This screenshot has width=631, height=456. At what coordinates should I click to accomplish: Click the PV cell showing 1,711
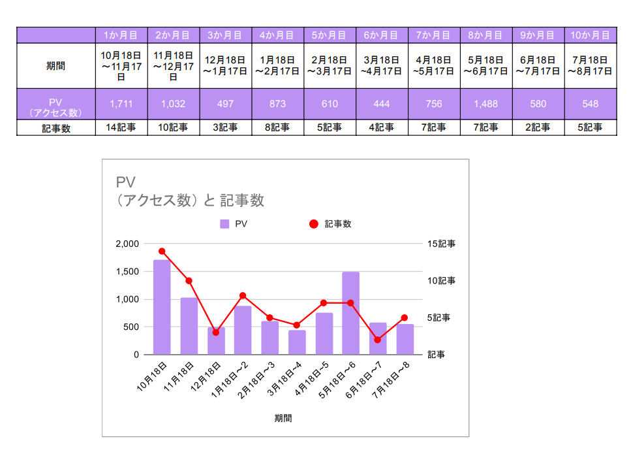coord(121,104)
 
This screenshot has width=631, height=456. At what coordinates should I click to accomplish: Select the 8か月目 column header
coord(486,35)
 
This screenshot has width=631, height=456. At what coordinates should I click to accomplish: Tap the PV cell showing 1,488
coord(486,104)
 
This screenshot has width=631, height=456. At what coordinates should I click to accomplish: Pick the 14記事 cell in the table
coord(121,128)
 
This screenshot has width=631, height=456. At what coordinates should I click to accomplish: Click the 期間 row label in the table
coord(55,66)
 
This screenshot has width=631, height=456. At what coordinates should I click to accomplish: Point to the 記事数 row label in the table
coord(55,128)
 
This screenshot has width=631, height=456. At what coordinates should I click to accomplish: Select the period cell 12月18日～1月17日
coord(225,66)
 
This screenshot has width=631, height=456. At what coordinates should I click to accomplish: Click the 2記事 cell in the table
coord(538,128)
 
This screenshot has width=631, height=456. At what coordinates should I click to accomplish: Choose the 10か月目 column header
coord(590,35)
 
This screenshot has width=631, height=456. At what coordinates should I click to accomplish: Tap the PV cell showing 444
coord(382,104)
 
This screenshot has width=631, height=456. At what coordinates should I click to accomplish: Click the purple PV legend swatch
coord(224,224)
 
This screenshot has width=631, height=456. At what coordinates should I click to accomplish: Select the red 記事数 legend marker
coord(313,224)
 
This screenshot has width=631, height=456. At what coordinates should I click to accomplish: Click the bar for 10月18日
coord(162,307)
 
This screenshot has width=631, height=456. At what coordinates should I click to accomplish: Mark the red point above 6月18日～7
coord(377,340)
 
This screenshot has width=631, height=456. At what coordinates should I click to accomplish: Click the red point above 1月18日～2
coord(243,295)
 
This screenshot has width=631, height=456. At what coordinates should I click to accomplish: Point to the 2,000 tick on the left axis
coord(127,244)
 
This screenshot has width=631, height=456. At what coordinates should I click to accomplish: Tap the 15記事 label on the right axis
coord(441,244)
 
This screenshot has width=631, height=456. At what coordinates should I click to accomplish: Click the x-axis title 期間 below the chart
coord(283,418)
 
